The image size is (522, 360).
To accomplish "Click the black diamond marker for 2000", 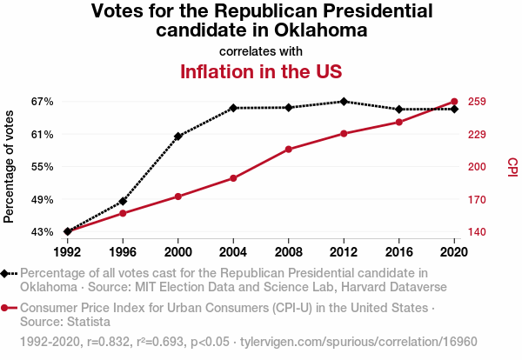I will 178,137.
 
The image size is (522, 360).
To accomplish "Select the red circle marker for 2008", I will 289,150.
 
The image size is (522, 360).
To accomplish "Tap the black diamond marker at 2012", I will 345,102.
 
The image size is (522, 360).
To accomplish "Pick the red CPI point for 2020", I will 454,102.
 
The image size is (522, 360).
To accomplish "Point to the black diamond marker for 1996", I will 123,202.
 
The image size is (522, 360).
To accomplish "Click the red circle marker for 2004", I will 233,178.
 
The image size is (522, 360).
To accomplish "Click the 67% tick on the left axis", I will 42,102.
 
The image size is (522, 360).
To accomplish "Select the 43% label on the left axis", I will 42,232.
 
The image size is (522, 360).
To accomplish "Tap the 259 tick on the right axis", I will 476,102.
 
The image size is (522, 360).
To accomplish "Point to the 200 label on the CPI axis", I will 476,167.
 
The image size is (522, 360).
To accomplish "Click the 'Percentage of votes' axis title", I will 10,167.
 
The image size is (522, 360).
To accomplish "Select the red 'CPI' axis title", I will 512,167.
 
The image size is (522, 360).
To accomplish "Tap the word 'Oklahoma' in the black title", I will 317,30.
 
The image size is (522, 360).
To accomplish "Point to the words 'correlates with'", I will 261,51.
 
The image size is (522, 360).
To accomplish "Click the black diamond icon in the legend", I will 6,273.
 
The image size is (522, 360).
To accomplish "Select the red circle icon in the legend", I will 6,308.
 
